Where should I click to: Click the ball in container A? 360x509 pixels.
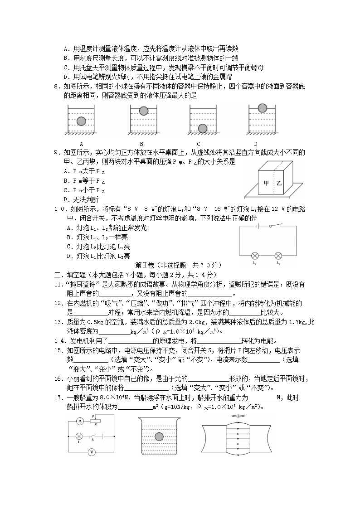click(81, 121)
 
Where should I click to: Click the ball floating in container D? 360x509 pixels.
click(263, 108)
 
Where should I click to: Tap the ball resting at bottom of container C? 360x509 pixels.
click(203, 128)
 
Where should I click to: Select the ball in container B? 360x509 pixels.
click(143, 111)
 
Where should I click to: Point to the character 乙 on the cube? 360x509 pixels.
click(279, 183)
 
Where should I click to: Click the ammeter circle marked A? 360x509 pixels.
click(79, 421)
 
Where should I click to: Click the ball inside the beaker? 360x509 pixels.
click(159, 436)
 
